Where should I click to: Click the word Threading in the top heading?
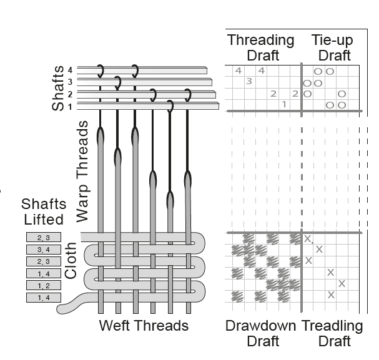pyautogui.click(x=260, y=41)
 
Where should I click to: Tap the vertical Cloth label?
pyautogui.click(x=71, y=260)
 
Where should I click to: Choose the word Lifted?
pyautogui.click(x=43, y=219)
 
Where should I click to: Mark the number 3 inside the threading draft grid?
pyautogui.click(x=249, y=81)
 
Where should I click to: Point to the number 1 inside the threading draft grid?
pyautogui.click(x=284, y=104)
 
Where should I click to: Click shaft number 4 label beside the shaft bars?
pyautogui.click(x=71, y=70)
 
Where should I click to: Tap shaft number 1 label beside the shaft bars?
pyautogui.click(x=71, y=106)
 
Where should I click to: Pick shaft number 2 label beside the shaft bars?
pyautogui.click(x=71, y=94)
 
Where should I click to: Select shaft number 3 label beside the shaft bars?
pyautogui.click(x=71, y=82)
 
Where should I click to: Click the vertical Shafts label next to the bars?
pyautogui.click(x=58, y=89)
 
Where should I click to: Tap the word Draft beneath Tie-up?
pyautogui.click(x=334, y=56)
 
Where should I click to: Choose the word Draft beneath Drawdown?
pyautogui.click(x=262, y=341)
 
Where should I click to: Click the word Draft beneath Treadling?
pyautogui.click(x=334, y=341)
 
